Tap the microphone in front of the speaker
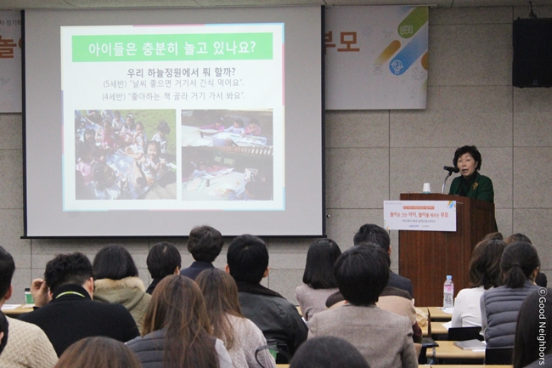tap(450, 170)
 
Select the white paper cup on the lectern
tap(426, 187)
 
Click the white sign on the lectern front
tap(419, 215)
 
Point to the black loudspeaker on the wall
tap(532, 53)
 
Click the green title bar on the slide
tap(172, 47)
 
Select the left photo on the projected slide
tap(125, 154)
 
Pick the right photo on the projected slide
tap(226, 154)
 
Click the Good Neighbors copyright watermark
tap(542, 326)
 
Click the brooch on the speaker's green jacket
tap(479, 179)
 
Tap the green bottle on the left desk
tap(28, 297)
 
